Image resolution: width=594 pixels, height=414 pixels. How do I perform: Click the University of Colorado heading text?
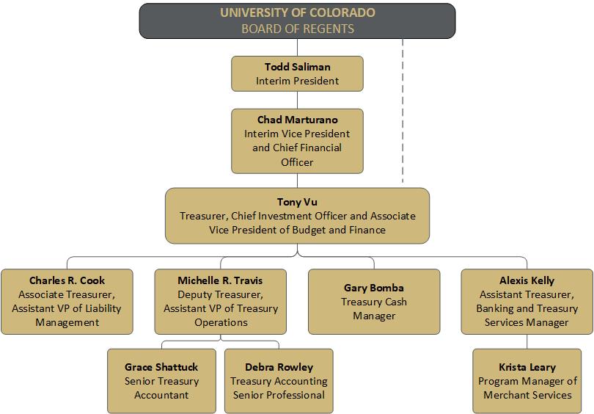click(298, 12)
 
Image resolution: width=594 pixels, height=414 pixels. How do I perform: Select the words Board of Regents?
click(298, 29)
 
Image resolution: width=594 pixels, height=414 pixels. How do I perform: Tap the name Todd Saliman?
click(298, 67)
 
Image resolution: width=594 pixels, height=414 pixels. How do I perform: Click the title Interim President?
click(298, 81)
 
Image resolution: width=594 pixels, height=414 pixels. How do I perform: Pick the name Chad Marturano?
click(298, 120)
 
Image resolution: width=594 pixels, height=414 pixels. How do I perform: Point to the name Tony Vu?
click(298, 202)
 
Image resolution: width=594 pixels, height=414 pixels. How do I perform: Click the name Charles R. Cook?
click(67, 280)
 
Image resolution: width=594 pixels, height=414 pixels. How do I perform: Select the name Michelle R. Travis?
click(220, 280)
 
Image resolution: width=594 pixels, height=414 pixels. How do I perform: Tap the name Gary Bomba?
click(374, 288)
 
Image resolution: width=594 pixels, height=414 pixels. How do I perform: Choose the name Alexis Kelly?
click(527, 280)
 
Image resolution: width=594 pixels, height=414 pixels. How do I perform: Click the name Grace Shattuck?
click(161, 367)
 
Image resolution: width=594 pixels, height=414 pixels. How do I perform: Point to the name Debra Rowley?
click(279, 367)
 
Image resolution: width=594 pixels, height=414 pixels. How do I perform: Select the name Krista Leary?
click(527, 367)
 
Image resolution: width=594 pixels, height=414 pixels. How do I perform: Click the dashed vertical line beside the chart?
click(403, 111)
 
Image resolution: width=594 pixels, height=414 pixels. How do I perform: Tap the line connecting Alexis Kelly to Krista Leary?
click(527, 341)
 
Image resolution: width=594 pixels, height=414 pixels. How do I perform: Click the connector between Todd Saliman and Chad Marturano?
click(298, 100)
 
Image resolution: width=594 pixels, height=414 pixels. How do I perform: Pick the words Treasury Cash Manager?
click(374, 308)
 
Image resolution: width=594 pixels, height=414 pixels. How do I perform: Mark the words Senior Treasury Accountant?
click(161, 388)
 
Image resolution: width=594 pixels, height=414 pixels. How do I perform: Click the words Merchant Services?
click(527, 395)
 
